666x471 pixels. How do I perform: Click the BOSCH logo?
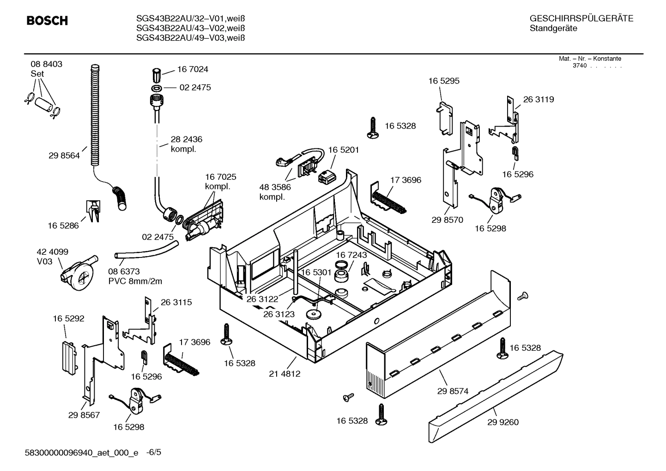(47, 21)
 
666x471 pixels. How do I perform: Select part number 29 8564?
(64, 156)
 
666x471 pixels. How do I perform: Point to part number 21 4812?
(285, 373)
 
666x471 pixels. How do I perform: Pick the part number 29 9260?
(503, 422)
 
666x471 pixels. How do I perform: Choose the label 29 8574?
(453, 391)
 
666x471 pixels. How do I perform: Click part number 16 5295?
(443, 81)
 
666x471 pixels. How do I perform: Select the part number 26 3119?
(538, 99)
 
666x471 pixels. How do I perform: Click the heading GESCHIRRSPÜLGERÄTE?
(581, 19)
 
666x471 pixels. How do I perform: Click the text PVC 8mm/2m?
(135, 281)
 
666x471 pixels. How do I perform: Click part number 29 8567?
(84, 415)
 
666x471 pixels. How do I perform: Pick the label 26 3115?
(176, 302)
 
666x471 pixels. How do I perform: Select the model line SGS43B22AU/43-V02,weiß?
(190, 28)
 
